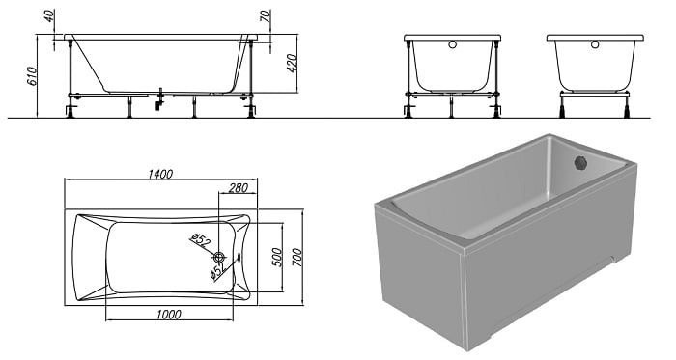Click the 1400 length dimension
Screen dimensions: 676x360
160,174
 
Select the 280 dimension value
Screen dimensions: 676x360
238,188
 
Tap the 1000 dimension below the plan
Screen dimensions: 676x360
169,315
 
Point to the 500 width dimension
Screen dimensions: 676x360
277,258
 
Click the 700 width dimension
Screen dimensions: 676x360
297,258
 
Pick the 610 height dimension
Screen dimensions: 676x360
32,76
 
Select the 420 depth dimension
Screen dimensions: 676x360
292,64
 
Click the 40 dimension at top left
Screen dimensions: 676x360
49,15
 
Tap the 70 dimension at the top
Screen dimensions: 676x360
266,16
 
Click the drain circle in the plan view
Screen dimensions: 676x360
220,258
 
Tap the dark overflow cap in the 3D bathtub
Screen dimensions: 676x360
581,163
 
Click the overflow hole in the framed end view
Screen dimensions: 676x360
452,44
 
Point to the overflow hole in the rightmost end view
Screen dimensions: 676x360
595,44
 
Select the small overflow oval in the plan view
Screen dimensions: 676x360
239,257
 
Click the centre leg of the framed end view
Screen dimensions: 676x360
451,106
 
